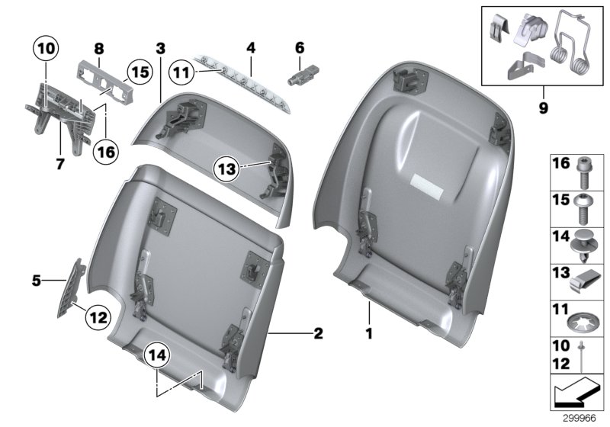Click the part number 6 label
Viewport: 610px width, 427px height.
pyautogui.click(x=299, y=47)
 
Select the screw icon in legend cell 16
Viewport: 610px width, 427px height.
pyautogui.click(x=581, y=172)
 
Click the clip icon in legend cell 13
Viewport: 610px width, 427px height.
pyautogui.click(x=582, y=283)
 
